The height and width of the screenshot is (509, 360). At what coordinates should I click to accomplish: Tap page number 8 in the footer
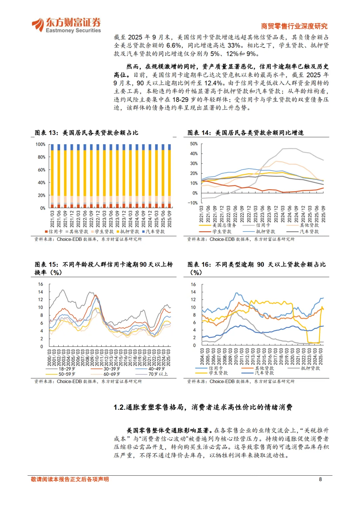click(320, 479)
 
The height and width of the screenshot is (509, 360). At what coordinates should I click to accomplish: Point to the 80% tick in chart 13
click(41, 157)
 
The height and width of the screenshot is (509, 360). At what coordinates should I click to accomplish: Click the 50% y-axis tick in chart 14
click(194, 144)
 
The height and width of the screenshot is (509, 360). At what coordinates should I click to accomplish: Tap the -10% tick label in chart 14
click(193, 203)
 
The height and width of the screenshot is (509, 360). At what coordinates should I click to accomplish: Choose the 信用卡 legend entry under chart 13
click(54, 232)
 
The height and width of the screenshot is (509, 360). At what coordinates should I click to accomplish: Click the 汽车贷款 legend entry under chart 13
click(154, 232)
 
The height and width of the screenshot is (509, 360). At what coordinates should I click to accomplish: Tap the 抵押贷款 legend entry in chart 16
click(310, 368)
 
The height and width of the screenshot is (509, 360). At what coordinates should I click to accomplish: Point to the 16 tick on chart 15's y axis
click(41, 284)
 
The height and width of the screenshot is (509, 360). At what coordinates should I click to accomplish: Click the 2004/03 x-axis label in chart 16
click(202, 356)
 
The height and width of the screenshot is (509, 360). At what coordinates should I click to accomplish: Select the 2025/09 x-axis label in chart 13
click(170, 219)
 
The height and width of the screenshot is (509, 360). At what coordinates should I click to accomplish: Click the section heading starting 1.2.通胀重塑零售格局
click(203, 407)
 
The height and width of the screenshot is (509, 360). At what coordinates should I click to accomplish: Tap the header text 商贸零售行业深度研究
click(294, 26)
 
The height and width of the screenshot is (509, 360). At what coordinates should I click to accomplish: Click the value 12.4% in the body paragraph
click(213, 83)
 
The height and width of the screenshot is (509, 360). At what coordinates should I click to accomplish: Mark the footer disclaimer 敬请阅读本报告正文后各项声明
click(70, 479)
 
